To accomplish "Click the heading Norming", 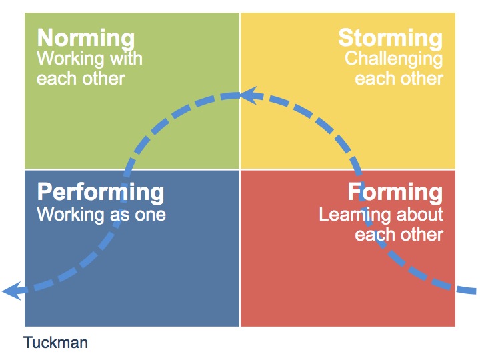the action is click(x=86, y=39).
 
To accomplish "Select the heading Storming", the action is click(x=390, y=39).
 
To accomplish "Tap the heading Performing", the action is click(x=101, y=193).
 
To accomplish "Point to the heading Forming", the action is click(x=395, y=192).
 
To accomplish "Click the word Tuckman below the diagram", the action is click(x=55, y=342).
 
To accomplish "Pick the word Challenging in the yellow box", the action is click(x=394, y=59).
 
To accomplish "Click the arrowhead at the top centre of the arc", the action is click(x=249, y=95).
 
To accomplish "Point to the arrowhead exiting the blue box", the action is click(x=12, y=291).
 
